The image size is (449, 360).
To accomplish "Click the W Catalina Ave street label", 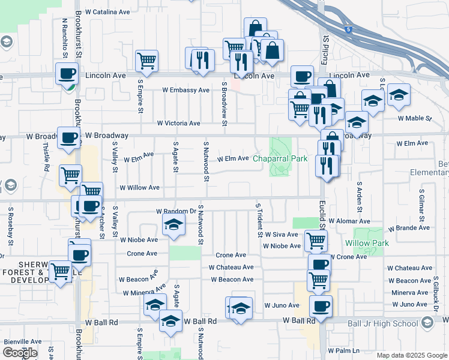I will [x=107, y=11].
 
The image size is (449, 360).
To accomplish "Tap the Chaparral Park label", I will [x=280, y=158].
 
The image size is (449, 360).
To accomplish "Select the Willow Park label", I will [x=367, y=243].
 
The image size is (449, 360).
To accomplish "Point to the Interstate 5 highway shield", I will [x=348, y=29].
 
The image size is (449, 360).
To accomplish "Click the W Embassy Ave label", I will [x=185, y=90].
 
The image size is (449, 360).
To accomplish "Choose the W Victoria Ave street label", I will [x=178, y=123].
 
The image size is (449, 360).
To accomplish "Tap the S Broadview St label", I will [x=224, y=104].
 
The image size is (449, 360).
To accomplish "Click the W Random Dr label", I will [x=176, y=211].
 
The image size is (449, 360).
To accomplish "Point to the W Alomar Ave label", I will [x=351, y=221].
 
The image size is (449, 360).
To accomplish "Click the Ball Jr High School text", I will [x=383, y=323].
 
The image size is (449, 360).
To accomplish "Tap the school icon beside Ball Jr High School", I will [x=427, y=323].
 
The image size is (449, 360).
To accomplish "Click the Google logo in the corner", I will [x=19, y=352].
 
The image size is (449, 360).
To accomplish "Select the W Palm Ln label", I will [x=343, y=350].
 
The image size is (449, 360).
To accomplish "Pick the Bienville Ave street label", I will [x=23, y=341].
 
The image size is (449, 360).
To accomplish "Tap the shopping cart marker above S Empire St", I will [x=146, y=61].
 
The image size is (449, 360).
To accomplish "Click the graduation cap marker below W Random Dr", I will [x=173, y=226].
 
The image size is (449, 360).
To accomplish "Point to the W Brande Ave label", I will [x=409, y=229].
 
